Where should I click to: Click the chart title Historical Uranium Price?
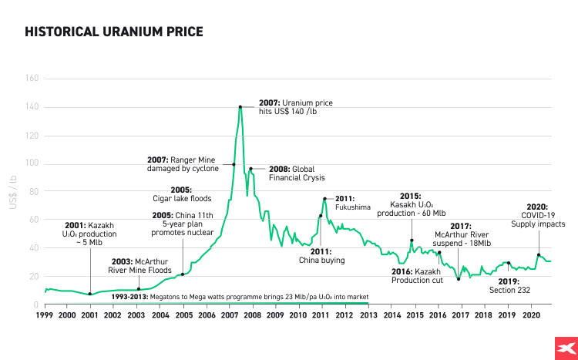(x=114, y=32)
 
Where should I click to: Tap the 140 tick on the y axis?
(x=32, y=106)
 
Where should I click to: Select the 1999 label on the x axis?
(x=45, y=315)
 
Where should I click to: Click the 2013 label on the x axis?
(x=369, y=315)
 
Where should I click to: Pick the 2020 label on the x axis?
(x=531, y=315)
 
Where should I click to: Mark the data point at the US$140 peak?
(x=240, y=106)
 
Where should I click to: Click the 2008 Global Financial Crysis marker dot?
(x=250, y=168)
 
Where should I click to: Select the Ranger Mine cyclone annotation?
(x=189, y=164)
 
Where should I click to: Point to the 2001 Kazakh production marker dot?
(x=90, y=294)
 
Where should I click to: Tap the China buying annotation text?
(x=322, y=256)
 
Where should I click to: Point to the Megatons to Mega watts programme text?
(x=239, y=296)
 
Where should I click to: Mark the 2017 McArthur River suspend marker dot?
(x=459, y=279)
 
